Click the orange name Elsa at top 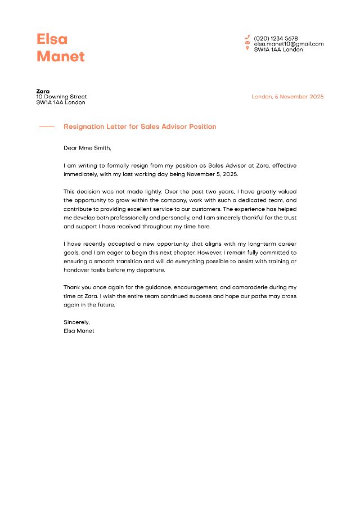click(52, 39)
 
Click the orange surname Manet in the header click(60, 56)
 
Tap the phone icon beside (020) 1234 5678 click(247, 38)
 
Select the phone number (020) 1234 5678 click(276, 38)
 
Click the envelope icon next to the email click(247, 43)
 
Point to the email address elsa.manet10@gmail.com click(289, 44)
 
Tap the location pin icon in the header click(247, 49)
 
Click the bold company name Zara click(43, 91)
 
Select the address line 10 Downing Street click(61, 97)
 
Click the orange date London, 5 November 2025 click(287, 97)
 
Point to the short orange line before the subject click(47, 127)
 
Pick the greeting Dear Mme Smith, click(87, 148)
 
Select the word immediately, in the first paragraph click(80, 174)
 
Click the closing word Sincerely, click(76, 322)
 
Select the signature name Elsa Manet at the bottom click(79, 331)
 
